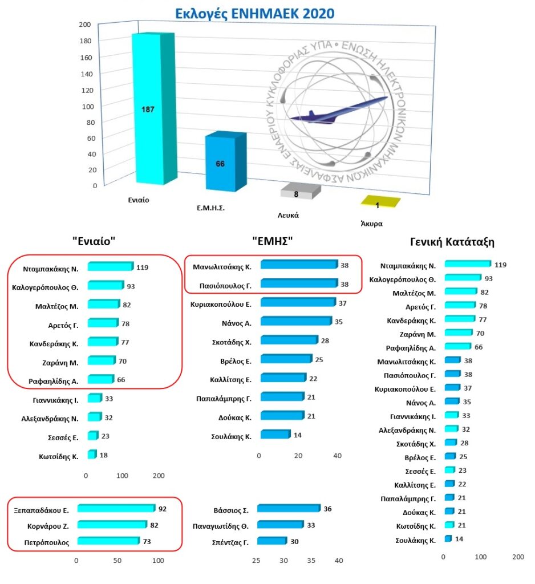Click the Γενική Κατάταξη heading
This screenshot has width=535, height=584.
coord(452,242)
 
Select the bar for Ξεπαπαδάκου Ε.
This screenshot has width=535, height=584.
coord(116,508)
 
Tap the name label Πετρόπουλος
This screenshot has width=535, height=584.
coord(50,543)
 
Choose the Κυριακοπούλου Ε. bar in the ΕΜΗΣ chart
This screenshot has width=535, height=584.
coord(297,303)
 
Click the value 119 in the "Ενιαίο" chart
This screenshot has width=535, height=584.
coord(143,266)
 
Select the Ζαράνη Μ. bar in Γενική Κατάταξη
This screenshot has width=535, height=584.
coord(458,333)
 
